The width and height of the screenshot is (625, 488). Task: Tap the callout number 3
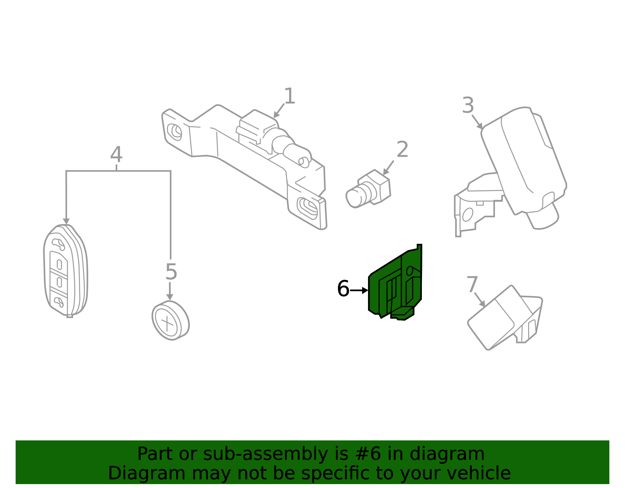pos(468,105)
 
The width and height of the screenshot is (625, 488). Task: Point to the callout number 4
pos(116,154)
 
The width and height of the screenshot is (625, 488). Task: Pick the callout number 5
pos(171,272)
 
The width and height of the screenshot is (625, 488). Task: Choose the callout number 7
pos(472,284)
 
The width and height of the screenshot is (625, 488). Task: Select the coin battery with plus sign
pos(170,320)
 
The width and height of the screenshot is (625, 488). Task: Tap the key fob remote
pos(66,271)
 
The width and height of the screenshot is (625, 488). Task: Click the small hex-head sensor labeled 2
pos(368,189)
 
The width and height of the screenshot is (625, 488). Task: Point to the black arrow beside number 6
pos(359,290)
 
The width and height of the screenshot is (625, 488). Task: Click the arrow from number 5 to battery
pos(170,291)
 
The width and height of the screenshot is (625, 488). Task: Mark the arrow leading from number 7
pos(480,299)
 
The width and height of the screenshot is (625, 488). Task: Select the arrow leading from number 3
pos(477,122)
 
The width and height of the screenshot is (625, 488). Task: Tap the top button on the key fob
pos(58,245)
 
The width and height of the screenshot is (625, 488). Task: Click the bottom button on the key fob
pos(58,302)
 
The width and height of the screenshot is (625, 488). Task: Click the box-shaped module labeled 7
pos(505,318)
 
